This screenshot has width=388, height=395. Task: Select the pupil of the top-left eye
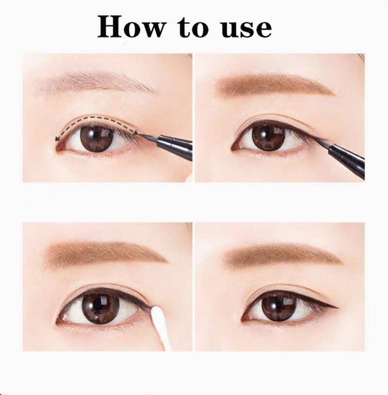97,138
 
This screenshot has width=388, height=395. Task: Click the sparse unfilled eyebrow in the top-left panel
92,82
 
